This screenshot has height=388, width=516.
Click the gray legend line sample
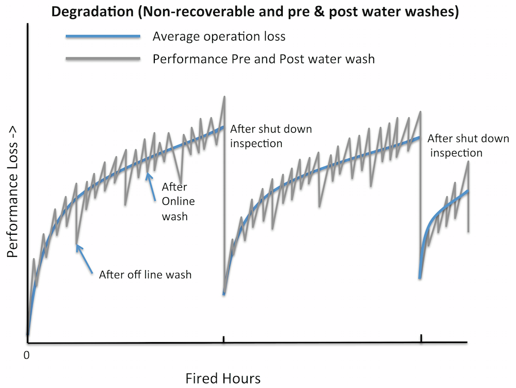103,59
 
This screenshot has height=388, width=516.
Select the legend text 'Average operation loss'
219,37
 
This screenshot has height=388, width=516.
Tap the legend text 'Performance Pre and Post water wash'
263,59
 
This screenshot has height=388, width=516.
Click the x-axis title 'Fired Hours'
223,378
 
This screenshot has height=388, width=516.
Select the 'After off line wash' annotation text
145,274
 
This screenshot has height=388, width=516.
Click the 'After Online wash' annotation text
174,201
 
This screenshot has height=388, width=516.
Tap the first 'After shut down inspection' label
270,136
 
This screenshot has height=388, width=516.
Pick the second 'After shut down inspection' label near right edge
467,145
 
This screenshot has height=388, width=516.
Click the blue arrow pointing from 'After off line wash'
85,258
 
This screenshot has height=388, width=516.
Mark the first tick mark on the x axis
223,339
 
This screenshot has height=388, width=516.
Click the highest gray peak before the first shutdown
224,96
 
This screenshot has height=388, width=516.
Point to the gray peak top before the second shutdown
421,111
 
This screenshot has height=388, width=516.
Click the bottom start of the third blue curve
420,278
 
